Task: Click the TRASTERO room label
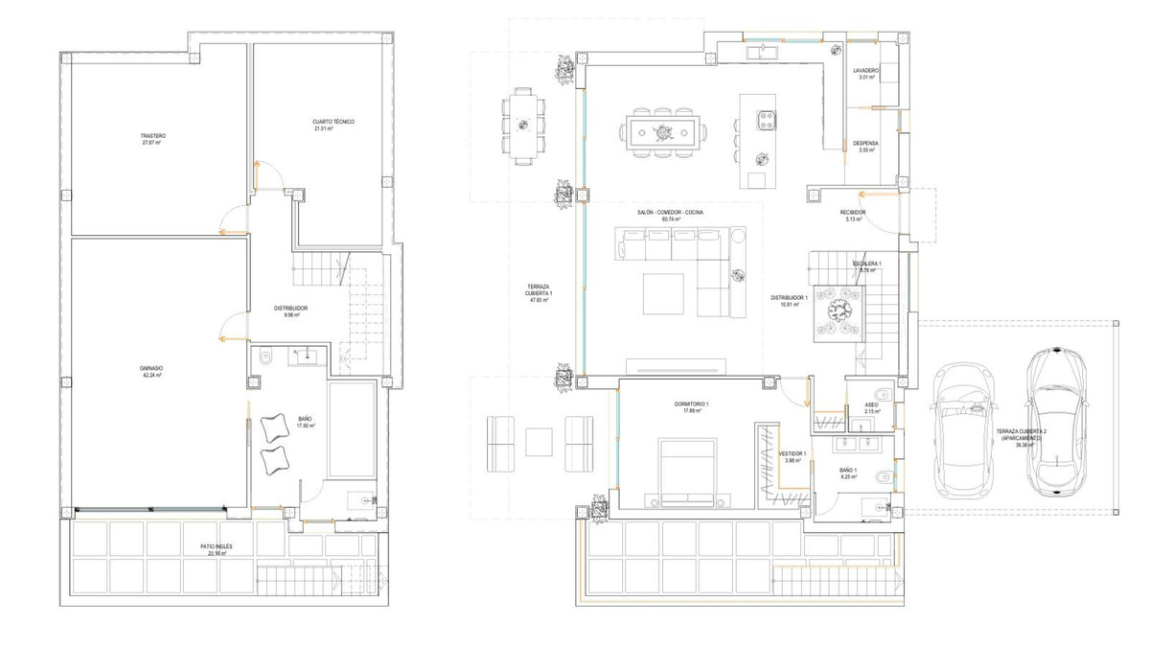click(153, 136)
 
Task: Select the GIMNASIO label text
click(149, 367)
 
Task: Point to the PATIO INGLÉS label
click(217, 546)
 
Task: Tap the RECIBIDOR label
click(853, 213)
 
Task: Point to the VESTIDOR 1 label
click(792, 453)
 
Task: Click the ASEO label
click(871, 405)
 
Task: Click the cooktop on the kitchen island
click(767, 120)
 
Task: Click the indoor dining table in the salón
click(662, 129)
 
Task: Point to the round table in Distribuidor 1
click(840, 309)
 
